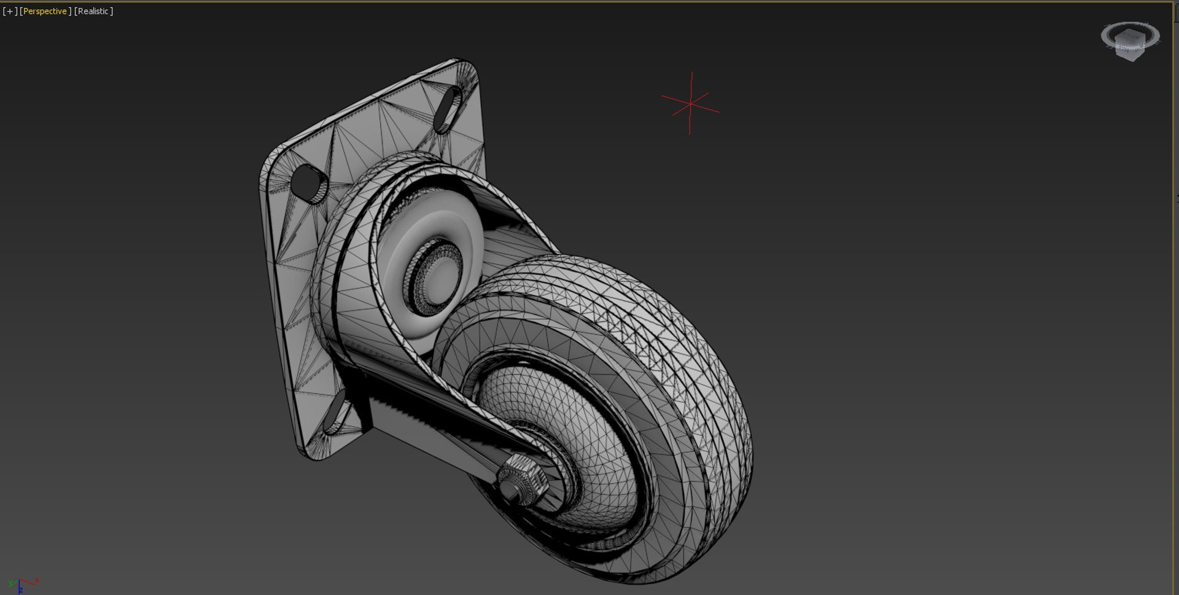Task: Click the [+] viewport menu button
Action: [x=10, y=11]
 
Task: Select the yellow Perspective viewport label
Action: [x=45, y=11]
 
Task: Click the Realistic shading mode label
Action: [x=93, y=11]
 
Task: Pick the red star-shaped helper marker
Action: [x=690, y=104]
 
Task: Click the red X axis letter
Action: [x=37, y=580]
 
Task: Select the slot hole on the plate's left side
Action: [x=309, y=182]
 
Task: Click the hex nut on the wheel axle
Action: [x=523, y=479]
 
